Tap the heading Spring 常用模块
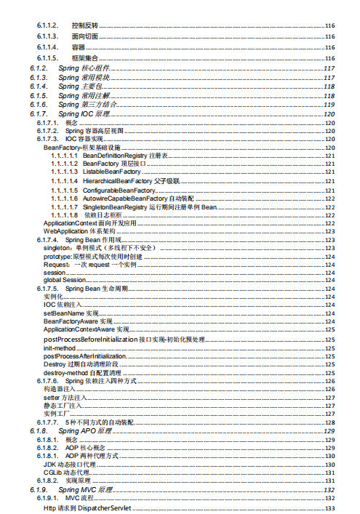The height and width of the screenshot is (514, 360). pos(84,77)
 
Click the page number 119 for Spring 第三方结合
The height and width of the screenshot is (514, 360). pos(329,105)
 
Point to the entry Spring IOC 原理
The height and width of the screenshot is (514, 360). pos(84,114)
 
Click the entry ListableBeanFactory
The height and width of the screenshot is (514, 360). pos(111,172)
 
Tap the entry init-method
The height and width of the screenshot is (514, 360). pos(60,348)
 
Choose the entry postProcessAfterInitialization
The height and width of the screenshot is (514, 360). pos(84,356)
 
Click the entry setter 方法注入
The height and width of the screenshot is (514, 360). pos(65,398)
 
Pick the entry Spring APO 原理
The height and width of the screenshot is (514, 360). pos(85,431)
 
